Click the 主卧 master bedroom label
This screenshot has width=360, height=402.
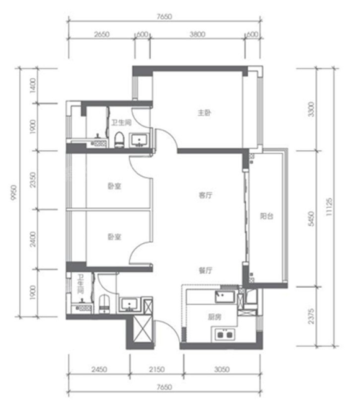[204, 112]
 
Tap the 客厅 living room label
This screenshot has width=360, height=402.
[205, 195]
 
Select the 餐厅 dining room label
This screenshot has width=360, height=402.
[205, 270]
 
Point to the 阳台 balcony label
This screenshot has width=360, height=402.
[267, 216]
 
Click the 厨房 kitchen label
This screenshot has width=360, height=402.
[214, 317]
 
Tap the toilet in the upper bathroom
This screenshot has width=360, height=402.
[119, 140]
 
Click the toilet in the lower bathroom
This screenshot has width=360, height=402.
[104, 304]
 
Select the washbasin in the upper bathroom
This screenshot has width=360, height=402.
[140, 140]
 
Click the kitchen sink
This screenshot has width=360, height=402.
[225, 297]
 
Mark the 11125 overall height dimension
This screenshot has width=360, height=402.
[329, 207]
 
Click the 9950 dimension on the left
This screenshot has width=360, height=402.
[14, 193]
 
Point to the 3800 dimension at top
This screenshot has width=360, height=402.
[197, 34]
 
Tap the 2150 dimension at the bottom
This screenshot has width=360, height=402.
[157, 370]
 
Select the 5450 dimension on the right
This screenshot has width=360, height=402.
[311, 218]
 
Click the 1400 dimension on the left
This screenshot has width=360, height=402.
[33, 86]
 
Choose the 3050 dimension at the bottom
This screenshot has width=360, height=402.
[222, 370]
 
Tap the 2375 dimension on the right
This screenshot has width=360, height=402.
[311, 316]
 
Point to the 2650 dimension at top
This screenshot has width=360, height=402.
[102, 34]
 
